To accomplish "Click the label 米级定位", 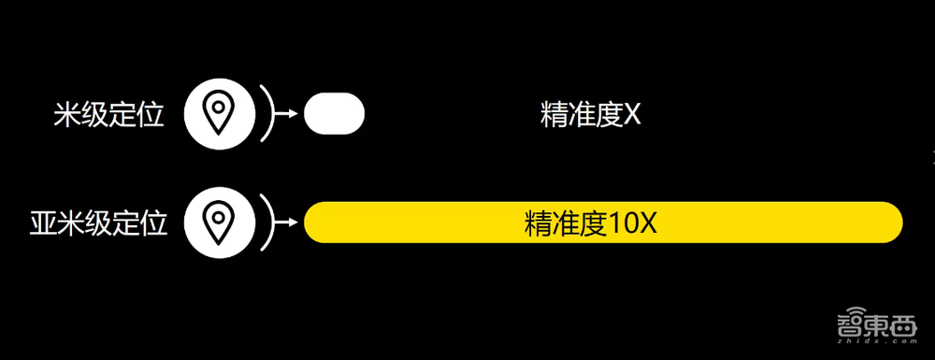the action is coord(109,115).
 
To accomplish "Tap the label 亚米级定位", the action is coord(98,223).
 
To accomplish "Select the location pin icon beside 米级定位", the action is coord(218,114).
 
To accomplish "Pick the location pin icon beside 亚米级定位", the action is coord(218,223).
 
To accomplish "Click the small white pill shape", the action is coord(334,114).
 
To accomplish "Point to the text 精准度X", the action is coord(590,115).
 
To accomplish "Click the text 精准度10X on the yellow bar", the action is coord(595,223).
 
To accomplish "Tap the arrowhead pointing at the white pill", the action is coord(292,114).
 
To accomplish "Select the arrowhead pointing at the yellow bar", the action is coord(292,223).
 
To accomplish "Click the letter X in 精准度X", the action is coord(631,115).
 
